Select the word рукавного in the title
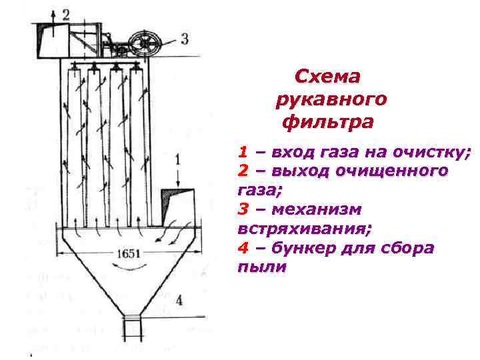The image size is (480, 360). tap(329, 100)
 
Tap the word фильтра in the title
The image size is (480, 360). tap(328, 123)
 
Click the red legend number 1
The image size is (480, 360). tap(244, 152)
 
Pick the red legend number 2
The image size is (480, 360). tap(244, 171)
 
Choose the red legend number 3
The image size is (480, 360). tap(244, 210)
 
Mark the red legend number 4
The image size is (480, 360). tap(244, 249)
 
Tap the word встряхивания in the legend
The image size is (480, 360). tap(304, 229)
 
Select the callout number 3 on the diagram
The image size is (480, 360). tap(184, 38)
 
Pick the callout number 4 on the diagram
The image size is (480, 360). tap(179, 301)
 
